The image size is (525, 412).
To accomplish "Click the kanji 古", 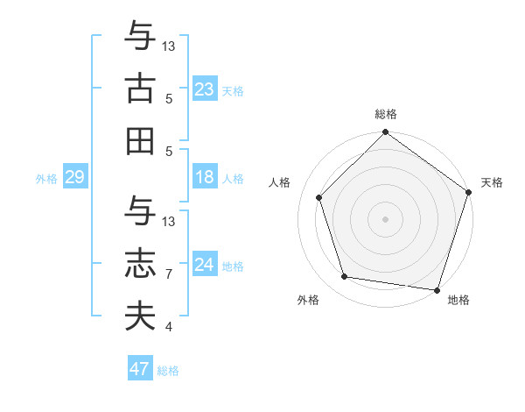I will (140, 90).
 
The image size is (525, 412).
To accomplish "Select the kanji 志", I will (140, 265).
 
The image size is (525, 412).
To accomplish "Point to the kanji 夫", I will (140, 316).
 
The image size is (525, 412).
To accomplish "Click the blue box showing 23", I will (205, 89).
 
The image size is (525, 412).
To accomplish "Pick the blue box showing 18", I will (205, 178).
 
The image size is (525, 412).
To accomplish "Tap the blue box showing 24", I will (205, 265).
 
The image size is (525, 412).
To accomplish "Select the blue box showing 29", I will (74, 178).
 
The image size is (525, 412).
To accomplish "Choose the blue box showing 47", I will (140, 369).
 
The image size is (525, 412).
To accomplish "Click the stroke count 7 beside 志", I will (169, 274).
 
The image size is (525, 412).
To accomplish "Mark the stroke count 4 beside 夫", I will (169, 327).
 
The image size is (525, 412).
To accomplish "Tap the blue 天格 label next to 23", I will (233, 91).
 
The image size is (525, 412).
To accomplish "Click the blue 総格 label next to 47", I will (168, 371).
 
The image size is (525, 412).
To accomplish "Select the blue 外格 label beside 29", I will (46, 179).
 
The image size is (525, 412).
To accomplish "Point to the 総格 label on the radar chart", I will (386, 114).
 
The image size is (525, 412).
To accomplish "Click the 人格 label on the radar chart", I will (280, 182).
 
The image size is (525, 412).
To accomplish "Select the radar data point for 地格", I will (437, 289).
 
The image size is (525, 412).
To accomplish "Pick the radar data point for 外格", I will (345, 277).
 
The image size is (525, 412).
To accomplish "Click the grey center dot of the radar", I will (386, 218).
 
